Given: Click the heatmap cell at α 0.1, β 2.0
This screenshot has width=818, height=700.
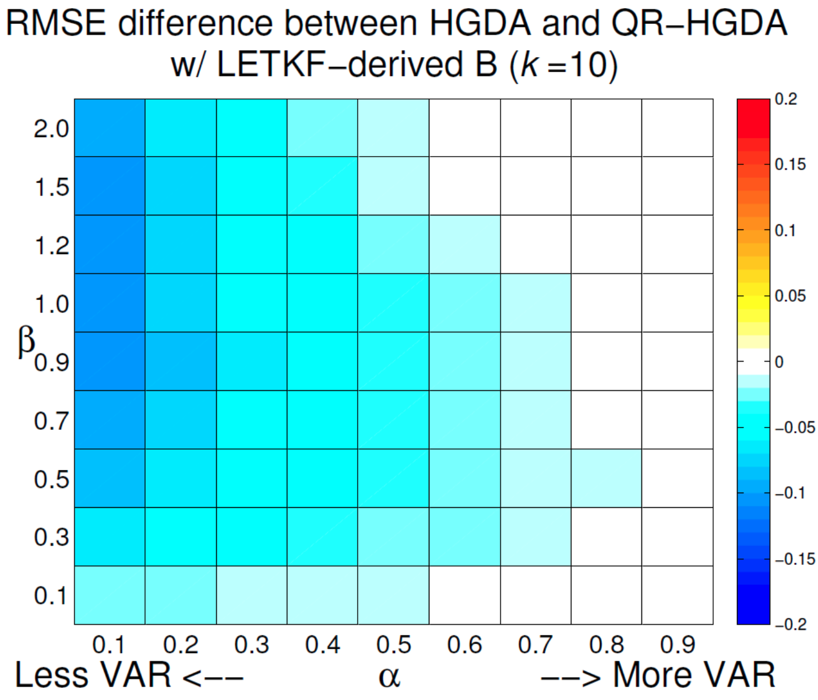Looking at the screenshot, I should (x=110, y=128).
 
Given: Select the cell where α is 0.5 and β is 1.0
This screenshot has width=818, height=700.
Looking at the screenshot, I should (x=393, y=303).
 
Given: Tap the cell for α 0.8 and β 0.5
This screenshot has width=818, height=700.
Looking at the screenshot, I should (x=606, y=478).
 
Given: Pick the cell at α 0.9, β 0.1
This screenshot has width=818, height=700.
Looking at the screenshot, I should (x=677, y=595).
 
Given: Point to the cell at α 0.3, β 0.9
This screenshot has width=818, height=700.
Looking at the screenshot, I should (x=251, y=361).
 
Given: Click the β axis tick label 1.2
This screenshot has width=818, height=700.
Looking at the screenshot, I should (x=51, y=245).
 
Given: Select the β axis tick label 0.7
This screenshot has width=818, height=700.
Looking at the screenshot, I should (x=51, y=420).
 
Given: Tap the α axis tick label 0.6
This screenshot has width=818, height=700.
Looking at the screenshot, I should (x=464, y=645).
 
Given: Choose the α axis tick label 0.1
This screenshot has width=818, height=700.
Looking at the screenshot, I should (x=110, y=645).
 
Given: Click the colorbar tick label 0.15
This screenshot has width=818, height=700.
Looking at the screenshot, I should (x=790, y=165).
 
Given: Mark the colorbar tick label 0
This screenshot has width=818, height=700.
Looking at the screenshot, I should (x=778, y=362).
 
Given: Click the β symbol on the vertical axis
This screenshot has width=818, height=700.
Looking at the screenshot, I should (x=26, y=341).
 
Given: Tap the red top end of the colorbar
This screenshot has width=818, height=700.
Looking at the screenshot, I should (x=753, y=108).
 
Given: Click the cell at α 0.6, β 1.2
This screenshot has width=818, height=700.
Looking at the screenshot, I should (x=464, y=245).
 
